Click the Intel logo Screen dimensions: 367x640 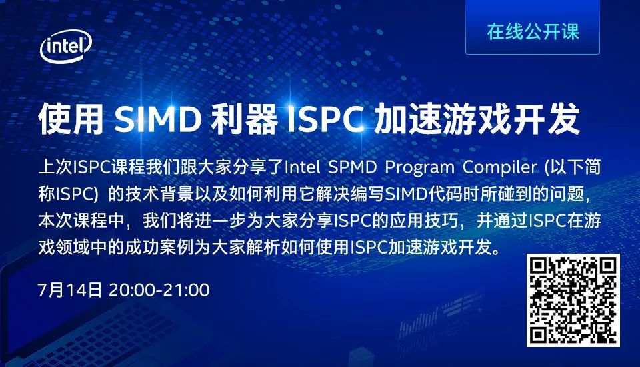click(x=66, y=47)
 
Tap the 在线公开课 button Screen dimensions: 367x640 click(x=532, y=31)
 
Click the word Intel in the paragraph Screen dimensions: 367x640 click(x=305, y=164)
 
